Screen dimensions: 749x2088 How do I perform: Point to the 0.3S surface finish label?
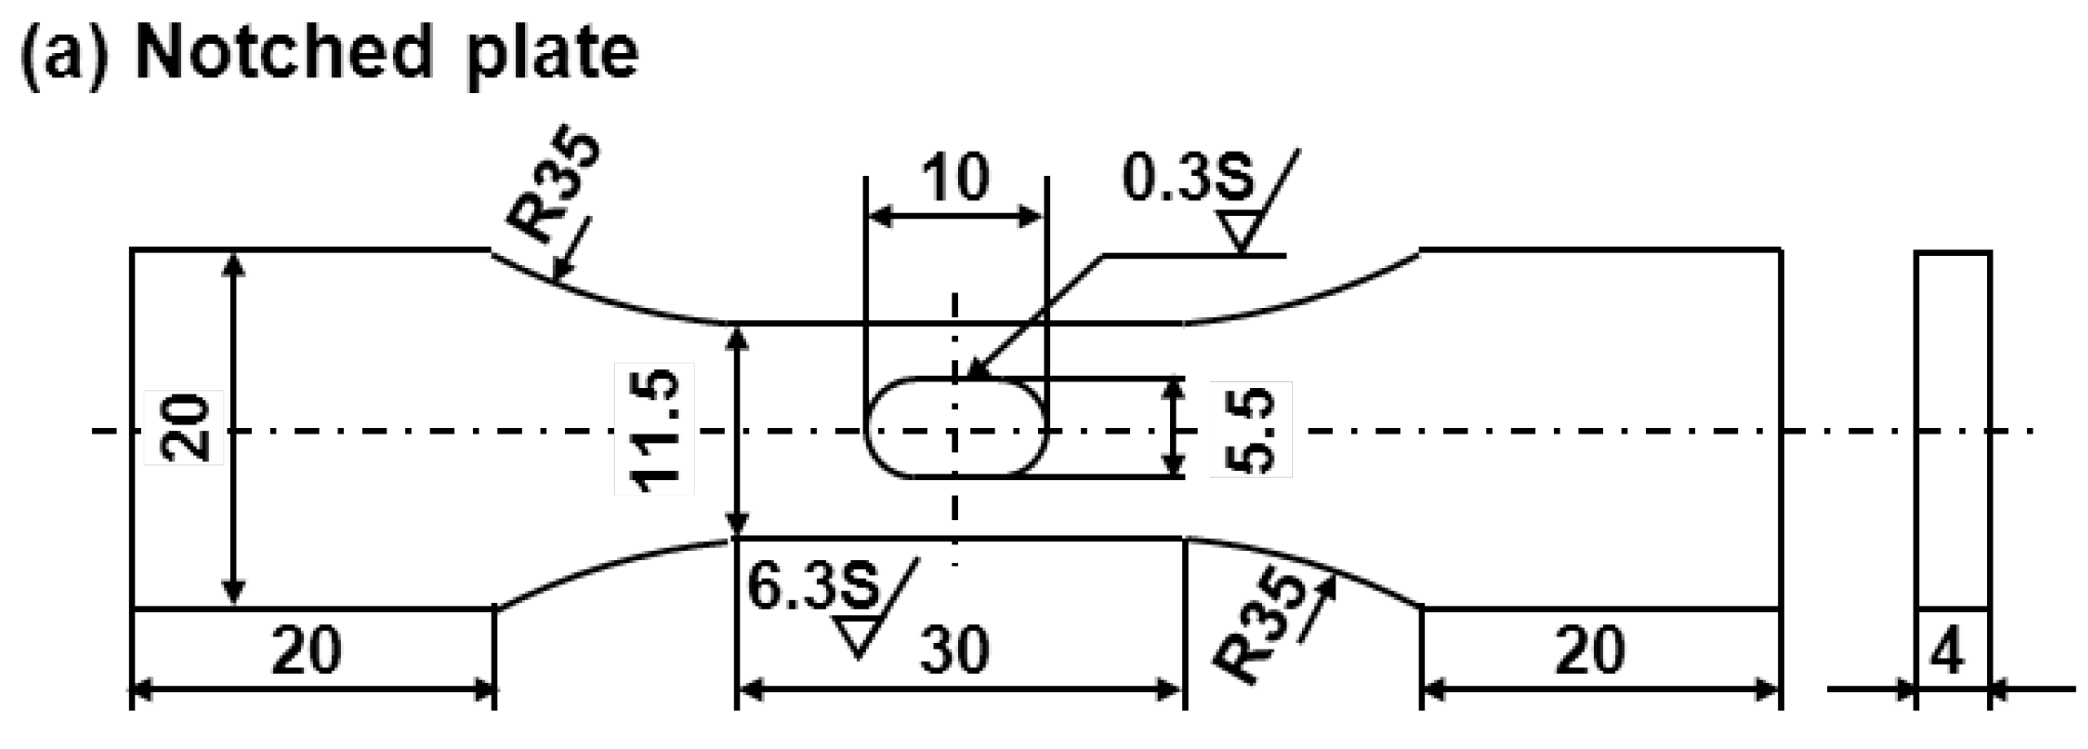click(x=1187, y=178)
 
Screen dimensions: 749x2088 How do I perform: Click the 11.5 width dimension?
click(x=654, y=429)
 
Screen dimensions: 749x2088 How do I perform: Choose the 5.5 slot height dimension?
click(x=1250, y=429)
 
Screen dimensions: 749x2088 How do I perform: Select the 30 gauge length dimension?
click(x=955, y=650)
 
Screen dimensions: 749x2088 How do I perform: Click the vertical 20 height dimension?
click(x=184, y=427)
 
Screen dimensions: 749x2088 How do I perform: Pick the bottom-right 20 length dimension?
click(x=1589, y=650)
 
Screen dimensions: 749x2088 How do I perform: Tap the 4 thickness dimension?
click(x=1948, y=652)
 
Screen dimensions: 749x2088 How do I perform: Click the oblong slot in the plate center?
click(x=956, y=427)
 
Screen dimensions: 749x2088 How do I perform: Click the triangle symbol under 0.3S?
click(x=1240, y=230)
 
